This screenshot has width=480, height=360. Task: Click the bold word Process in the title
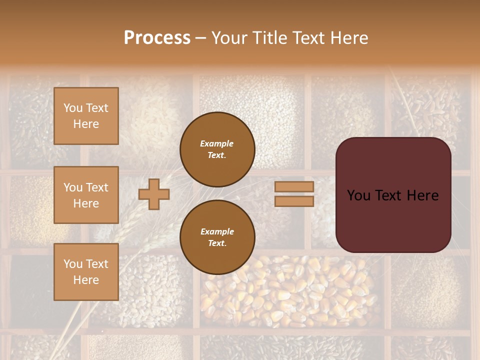click(157, 38)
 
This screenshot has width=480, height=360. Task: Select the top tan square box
click(86, 116)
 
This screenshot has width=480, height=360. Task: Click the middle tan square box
click(86, 195)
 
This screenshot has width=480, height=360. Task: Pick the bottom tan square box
click(86, 272)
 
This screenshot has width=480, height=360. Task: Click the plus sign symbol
click(154, 194)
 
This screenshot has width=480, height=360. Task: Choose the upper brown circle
click(217, 149)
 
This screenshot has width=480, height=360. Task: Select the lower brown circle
click(217, 237)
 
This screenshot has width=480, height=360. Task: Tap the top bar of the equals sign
click(294, 186)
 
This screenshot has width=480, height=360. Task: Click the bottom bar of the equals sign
click(294, 201)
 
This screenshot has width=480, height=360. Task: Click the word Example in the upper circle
click(217, 143)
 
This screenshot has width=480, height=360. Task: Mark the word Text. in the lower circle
click(217, 243)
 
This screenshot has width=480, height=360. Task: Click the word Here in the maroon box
click(422, 195)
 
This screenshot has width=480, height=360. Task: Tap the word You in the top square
click(73, 108)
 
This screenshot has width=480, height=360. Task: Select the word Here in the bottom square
click(86, 280)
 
